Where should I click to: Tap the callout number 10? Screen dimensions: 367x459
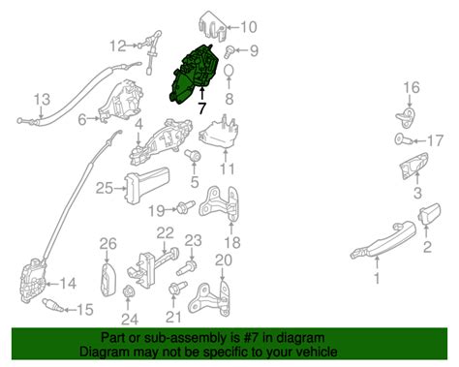pyautogui.click(x=249, y=27)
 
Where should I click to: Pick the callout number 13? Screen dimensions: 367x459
pyautogui.click(x=42, y=99)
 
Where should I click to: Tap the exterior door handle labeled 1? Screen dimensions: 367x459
pyautogui.click(x=382, y=241)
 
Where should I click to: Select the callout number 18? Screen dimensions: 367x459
pyautogui.click(x=231, y=240)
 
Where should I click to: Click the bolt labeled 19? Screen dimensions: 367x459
pyautogui.click(x=182, y=207)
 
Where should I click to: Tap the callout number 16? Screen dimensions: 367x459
pyautogui.click(x=412, y=88)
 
